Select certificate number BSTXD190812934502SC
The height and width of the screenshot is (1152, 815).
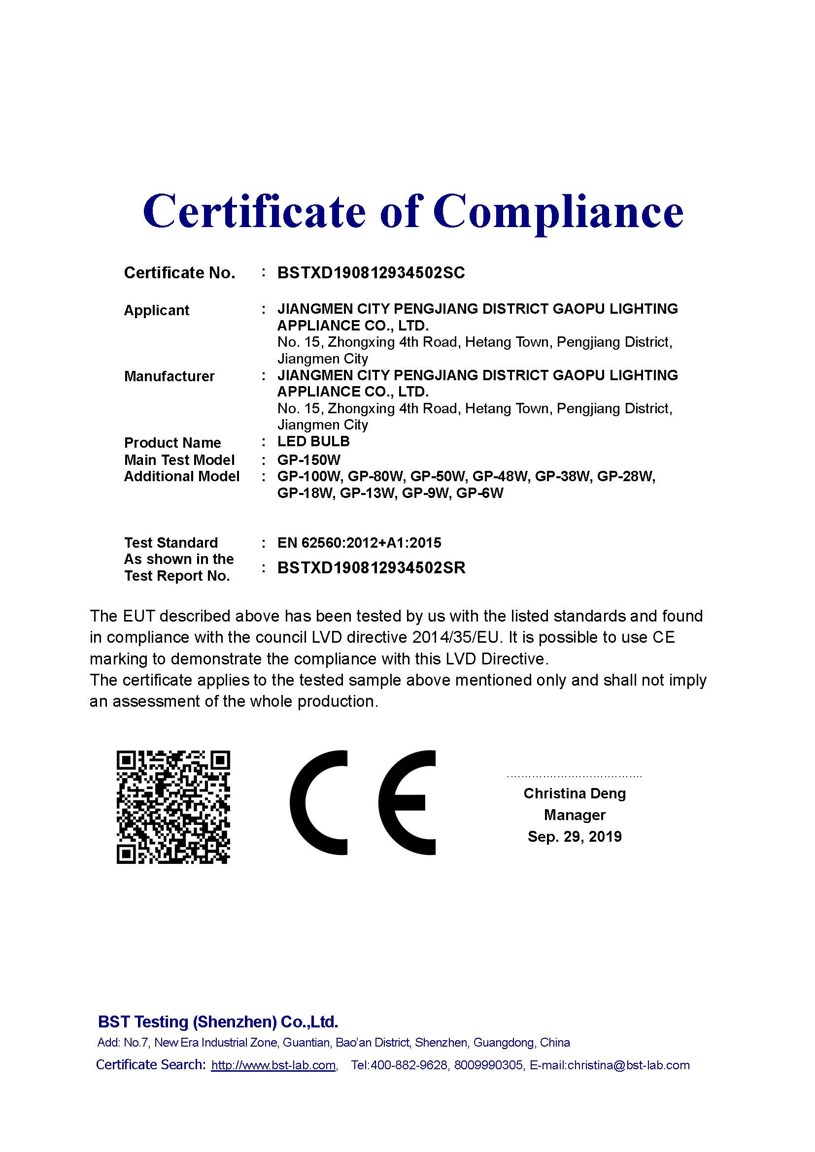click(371, 273)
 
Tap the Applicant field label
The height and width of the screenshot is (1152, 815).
click(157, 311)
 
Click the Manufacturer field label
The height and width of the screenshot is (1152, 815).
click(169, 376)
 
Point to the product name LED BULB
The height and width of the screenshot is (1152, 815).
click(313, 441)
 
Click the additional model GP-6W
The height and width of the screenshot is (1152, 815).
click(480, 493)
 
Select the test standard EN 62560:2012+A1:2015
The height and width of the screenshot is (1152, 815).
click(359, 543)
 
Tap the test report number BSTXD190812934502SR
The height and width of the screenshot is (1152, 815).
click(372, 567)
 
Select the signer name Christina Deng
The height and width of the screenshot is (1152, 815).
click(575, 793)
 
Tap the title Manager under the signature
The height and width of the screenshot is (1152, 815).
click(575, 815)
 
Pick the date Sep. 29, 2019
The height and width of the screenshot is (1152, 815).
click(575, 836)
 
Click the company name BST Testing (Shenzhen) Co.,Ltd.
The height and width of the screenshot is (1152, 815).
click(218, 1021)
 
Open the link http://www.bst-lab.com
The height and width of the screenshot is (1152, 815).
click(273, 1065)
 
